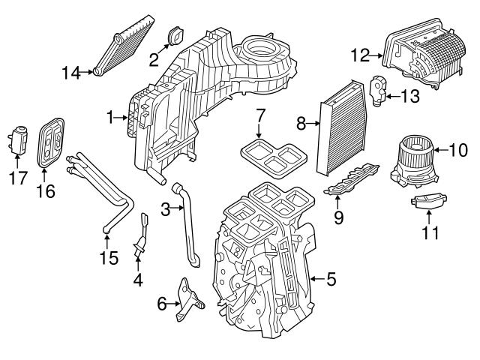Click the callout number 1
pos(109,117)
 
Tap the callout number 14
pos(70,72)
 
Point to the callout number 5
pos(331,280)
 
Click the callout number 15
pos(109,259)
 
